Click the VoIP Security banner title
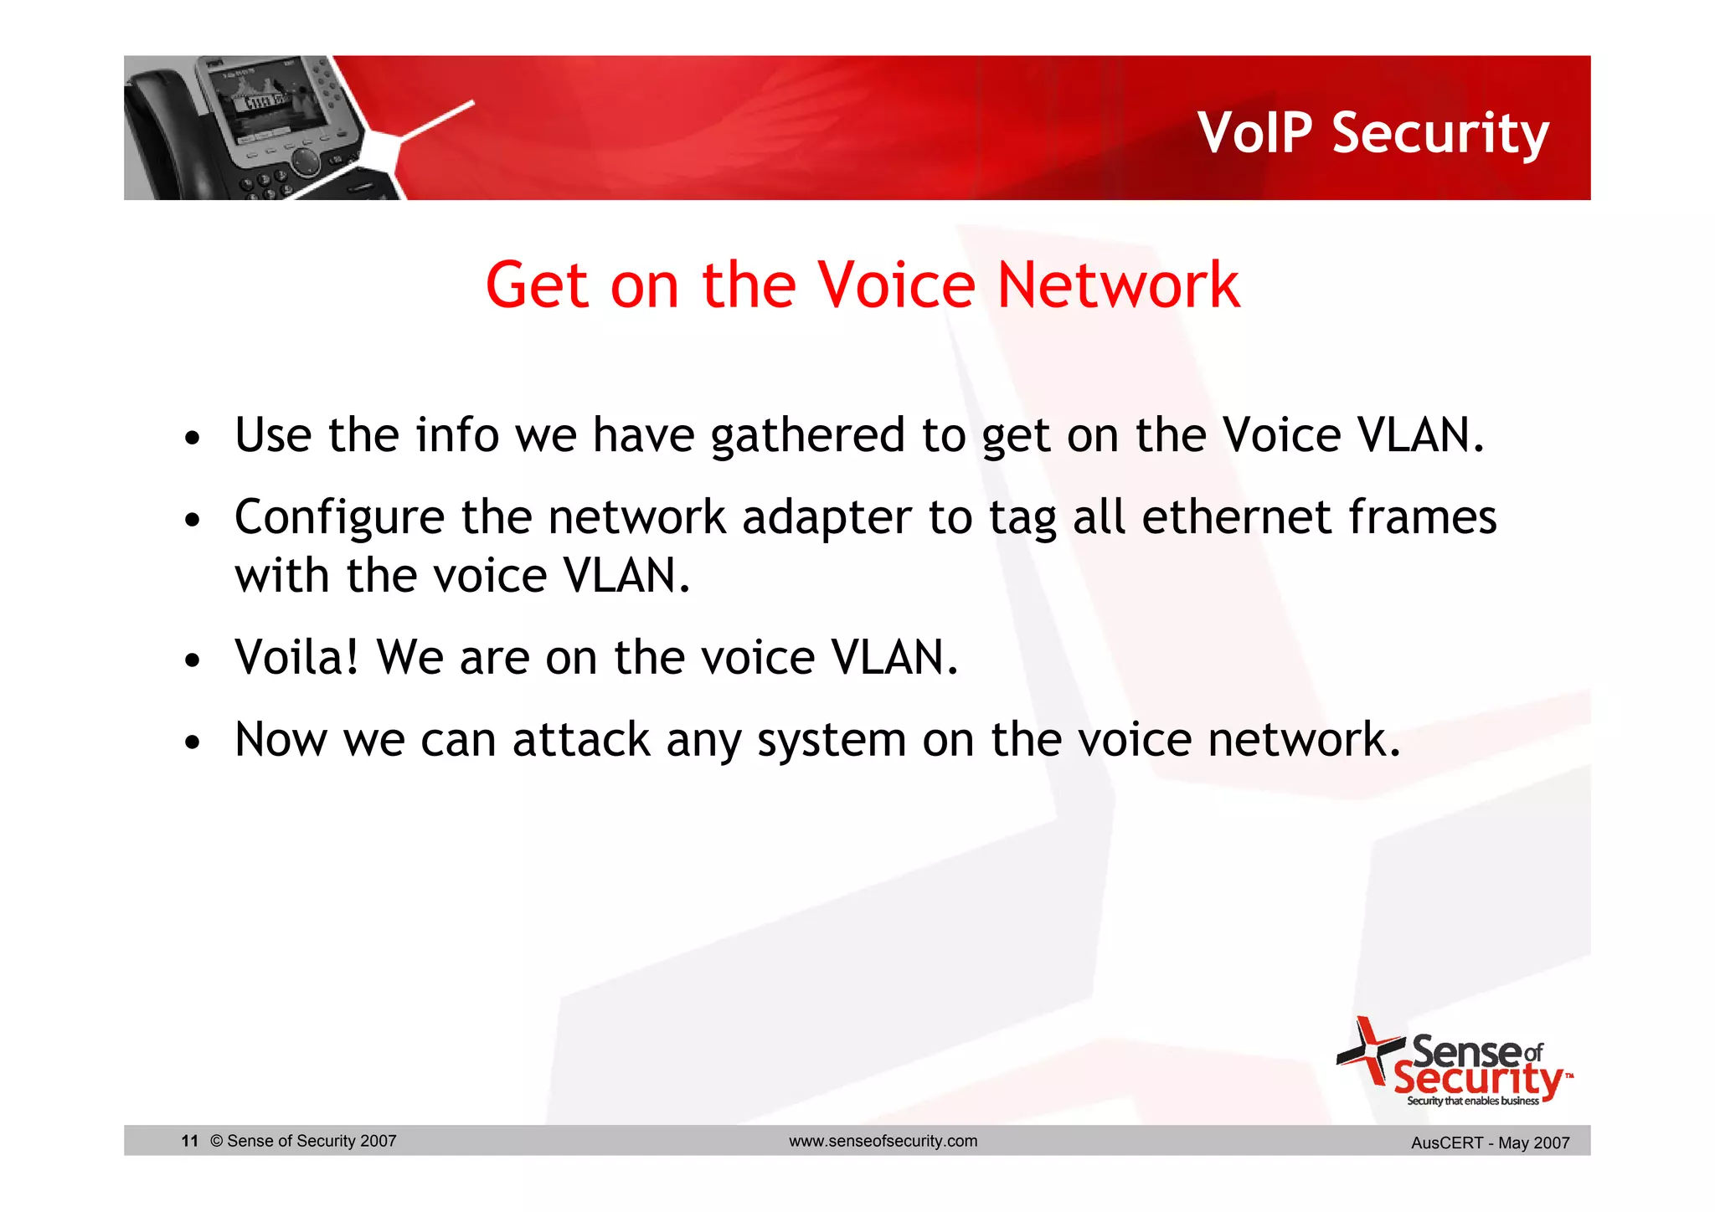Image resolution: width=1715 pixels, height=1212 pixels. pos(1373,134)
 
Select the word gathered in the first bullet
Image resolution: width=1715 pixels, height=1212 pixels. pos(807,436)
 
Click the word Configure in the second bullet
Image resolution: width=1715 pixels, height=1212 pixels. pos(339,518)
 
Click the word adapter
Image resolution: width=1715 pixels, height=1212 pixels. pos(826,518)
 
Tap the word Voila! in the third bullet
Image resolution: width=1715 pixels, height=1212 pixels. pos(296,657)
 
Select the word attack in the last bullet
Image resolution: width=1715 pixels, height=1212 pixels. pos(581,740)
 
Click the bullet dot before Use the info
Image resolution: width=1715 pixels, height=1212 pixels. pos(193,439)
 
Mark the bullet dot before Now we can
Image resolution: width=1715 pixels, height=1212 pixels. pos(193,742)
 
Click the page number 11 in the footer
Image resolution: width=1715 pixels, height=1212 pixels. pos(189,1141)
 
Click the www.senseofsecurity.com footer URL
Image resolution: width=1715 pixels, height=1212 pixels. pos(883,1141)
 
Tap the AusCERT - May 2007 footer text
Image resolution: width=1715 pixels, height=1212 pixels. pos(1490,1143)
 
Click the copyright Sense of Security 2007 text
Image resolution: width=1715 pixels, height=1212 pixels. pos(303,1141)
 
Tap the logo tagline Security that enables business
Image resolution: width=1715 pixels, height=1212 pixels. pos(1472,1102)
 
